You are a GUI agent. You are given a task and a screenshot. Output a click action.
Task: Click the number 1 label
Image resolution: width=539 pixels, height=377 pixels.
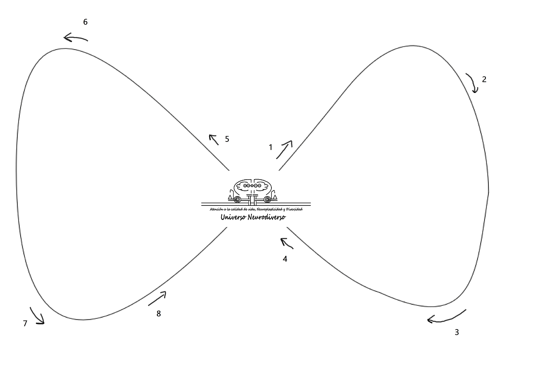(x=270, y=147)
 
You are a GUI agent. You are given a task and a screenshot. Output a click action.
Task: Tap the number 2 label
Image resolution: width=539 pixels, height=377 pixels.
(x=484, y=79)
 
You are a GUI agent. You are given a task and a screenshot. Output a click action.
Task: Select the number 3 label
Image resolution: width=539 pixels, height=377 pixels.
(x=457, y=332)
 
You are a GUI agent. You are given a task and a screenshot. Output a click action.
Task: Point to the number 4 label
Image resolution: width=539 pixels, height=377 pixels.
(x=285, y=259)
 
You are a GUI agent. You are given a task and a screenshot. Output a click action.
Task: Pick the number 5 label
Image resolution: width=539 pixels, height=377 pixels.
(x=227, y=139)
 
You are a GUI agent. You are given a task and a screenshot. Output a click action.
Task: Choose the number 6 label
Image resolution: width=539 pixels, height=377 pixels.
(x=85, y=22)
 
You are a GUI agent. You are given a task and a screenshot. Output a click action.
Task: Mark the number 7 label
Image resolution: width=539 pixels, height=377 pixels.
(x=25, y=323)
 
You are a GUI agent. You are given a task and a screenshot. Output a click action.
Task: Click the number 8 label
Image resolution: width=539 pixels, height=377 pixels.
(x=159, y=313)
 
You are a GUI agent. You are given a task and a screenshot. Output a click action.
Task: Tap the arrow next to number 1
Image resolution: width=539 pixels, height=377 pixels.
(x=284, y=150)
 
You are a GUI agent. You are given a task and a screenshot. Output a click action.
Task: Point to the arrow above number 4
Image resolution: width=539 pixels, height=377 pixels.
(x=286, y=243)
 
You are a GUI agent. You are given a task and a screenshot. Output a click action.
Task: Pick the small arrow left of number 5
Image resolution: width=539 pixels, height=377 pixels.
(x=214, y=140)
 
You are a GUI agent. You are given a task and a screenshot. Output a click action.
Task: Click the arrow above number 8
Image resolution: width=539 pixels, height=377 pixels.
(x=157, y=299)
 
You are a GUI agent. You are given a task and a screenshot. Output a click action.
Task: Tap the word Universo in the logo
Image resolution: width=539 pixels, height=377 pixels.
(x=233, y=217)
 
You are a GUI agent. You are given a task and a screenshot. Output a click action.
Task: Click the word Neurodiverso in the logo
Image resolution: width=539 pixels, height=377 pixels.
(x=267, y=217)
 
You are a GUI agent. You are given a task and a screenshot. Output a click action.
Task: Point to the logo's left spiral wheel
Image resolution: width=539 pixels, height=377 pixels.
(x=237, y=200)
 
